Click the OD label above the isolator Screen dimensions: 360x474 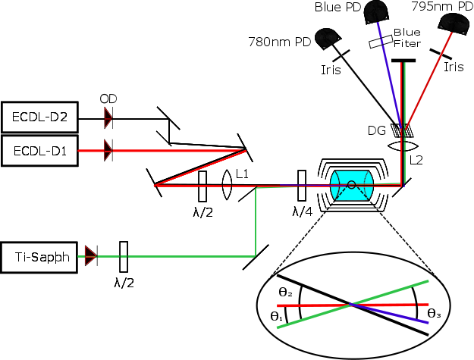(x=108, y=99)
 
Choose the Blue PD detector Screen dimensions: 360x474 (x=375, y=11)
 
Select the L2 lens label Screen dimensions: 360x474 (x=416, y=160)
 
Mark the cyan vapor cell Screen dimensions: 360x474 (x=350, y=185)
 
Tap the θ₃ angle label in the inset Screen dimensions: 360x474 (x=434, y=311)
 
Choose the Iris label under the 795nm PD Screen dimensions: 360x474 (x=453, y=67)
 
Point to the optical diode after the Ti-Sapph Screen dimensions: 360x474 (x=92, y=256)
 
